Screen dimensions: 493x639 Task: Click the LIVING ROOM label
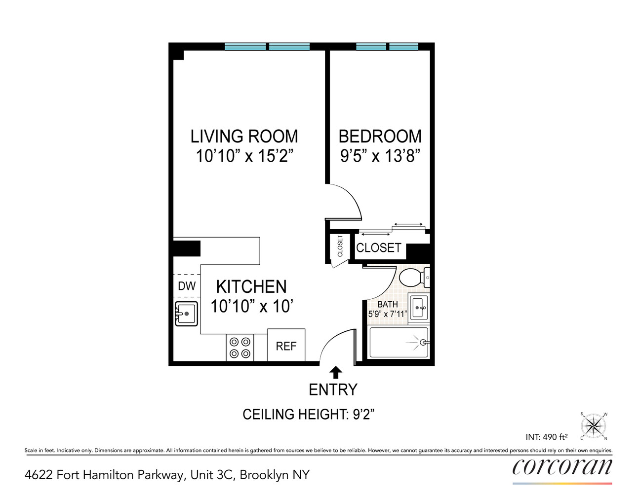tap(244, 136)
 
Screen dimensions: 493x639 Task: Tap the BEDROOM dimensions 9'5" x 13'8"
tap(380, 156)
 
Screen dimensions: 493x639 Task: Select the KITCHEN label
tap(251, 286)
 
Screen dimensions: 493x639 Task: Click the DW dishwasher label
tap(187, 286)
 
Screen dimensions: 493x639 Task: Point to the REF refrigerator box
tap(286, 346)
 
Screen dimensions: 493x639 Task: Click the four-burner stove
tap(240, 348)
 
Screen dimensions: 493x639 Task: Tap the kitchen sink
tap(186, 314)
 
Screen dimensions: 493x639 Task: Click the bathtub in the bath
tap(399, 343)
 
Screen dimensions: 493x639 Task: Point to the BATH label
tap(388, 304)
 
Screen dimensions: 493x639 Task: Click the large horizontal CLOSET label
tap(379, 247)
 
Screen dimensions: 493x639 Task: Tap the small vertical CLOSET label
tap(340, 246)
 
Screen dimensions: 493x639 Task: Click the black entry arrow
tap(336, 372)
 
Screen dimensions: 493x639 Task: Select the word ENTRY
tap(333, 389)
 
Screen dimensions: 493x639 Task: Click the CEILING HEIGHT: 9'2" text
tap(308, 414)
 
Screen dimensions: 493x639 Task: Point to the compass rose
tap(594, 425)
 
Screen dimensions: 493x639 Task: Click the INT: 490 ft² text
tap(547, 437)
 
